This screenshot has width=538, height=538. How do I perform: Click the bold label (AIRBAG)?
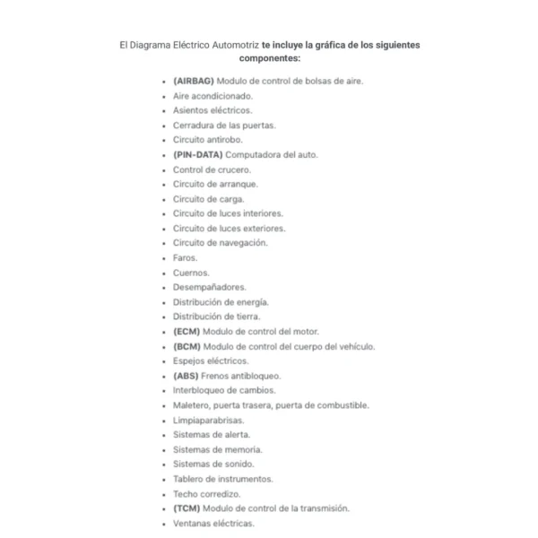(194, 81)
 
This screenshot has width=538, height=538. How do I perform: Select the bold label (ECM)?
(187, 331)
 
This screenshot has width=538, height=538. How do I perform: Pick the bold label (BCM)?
(187, 346)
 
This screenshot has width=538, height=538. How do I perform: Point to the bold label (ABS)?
(186, 376)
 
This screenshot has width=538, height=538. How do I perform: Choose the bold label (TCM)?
(187, 508)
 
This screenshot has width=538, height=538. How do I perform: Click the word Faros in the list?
(185, 257)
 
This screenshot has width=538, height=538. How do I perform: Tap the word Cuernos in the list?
(191, 273)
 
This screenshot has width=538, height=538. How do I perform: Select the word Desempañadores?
(209, 287)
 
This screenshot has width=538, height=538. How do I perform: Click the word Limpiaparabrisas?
(208, 420)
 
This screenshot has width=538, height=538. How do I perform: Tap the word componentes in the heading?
(269, 58)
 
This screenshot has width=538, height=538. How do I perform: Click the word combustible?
(342, 405)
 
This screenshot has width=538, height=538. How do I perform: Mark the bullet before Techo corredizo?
(163, 494)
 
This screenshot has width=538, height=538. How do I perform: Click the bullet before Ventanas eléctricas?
(163, 523)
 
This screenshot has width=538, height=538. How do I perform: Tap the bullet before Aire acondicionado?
(163, 96)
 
